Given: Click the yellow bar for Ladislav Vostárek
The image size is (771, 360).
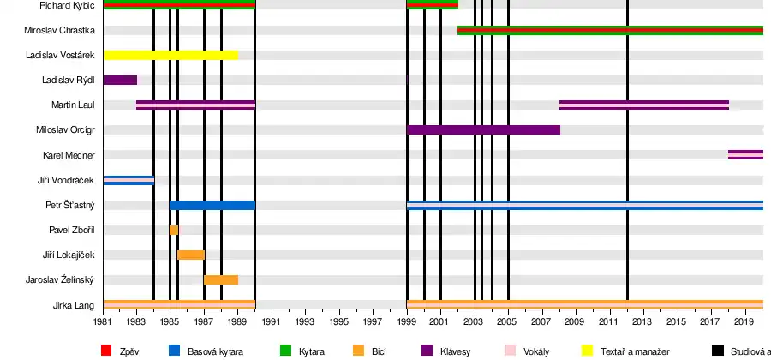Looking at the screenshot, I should click(x=170, y=55).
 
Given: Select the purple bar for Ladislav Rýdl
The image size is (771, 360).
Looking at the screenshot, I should click(x=120, y=80).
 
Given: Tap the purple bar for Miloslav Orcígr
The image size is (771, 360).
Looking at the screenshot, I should click(x=483, y=129).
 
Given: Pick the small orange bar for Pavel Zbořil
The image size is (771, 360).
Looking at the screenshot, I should click(x=174, y=230).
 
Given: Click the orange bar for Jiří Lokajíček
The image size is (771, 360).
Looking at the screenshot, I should click(x=190, y=255).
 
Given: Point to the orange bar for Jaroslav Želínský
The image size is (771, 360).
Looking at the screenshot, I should click(x=221, y=279).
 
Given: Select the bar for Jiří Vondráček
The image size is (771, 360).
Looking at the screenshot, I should click(x=128, y=180).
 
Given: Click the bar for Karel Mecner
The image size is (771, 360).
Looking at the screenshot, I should click(x=745, y=155).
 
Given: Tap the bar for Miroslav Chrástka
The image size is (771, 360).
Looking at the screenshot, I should click(x=610, y=30).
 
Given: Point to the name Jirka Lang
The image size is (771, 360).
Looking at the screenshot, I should click(x=75, y=305).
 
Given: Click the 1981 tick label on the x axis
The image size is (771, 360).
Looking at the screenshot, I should click(x=103, y=321).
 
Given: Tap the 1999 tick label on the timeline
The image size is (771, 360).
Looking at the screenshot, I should click(x=407, y=321).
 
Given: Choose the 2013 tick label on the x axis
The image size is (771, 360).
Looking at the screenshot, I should click(x=642, y=321).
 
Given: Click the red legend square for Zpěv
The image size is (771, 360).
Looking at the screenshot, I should click(x=106, y=350).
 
